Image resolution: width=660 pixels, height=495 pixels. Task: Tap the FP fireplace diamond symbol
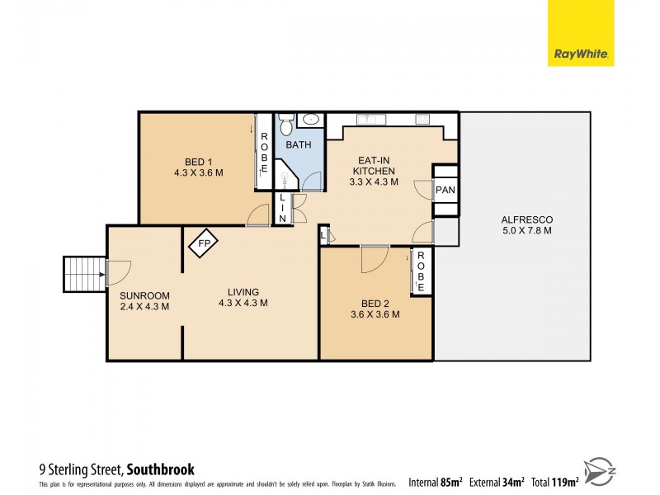201,244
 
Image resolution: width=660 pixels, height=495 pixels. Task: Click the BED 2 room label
375,309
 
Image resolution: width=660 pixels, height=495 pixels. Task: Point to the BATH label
299,145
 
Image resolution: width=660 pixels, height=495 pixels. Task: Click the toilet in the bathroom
286,126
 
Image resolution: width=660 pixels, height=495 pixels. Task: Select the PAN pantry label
445,191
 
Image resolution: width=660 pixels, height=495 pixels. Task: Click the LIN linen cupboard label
283,209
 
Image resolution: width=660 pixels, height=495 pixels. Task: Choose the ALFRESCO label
526,224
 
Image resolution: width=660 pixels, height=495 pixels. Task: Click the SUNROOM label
144,301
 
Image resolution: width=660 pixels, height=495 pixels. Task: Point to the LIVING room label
243,297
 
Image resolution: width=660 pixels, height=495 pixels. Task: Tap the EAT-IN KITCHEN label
375,171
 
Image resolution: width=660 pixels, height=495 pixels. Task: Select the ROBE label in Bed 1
264,153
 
